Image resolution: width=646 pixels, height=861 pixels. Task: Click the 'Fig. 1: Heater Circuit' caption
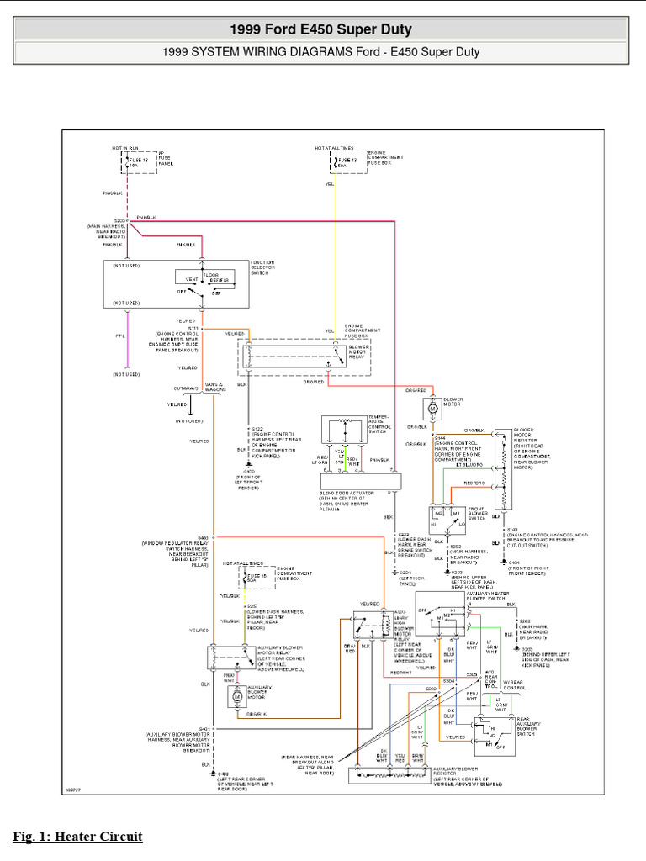77,837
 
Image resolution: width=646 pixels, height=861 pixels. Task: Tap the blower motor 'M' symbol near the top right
432,408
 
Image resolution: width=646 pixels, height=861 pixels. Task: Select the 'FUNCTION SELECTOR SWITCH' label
262,268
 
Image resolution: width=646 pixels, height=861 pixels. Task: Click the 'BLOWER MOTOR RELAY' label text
360,351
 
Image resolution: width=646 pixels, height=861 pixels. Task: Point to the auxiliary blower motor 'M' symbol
236,696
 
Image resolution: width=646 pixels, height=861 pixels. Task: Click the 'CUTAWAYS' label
188,388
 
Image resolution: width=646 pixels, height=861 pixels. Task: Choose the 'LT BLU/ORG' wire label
470,464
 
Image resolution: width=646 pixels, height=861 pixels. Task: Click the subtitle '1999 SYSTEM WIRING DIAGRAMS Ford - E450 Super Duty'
320,52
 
